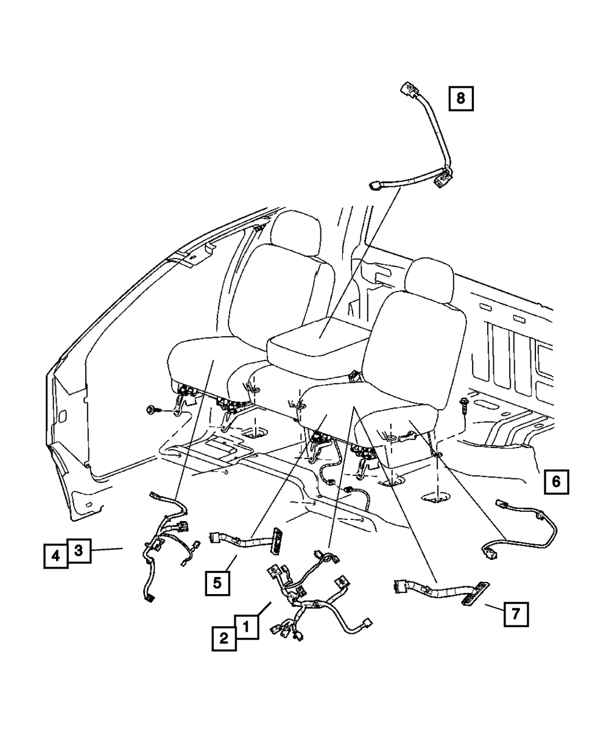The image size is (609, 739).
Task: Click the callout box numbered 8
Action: (460, 98)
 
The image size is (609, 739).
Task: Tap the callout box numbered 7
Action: (515, 614)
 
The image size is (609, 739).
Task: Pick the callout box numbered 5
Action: (217, 583)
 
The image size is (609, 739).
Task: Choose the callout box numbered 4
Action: (55, 556)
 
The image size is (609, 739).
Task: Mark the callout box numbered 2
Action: (224, 638)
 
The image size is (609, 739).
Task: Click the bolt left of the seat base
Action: (151, 410)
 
